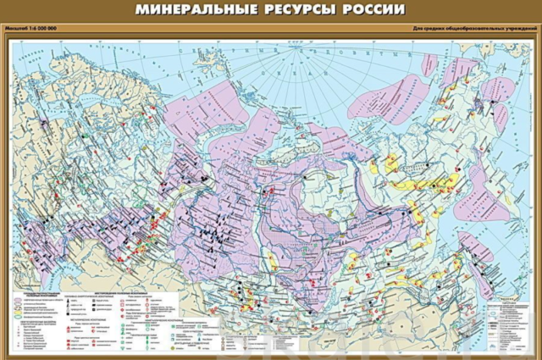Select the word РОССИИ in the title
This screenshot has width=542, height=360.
(373, 11)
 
